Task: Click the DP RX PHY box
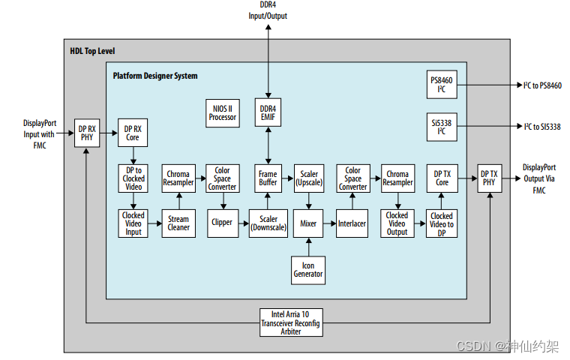87,132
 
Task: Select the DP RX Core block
133,132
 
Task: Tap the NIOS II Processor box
223,112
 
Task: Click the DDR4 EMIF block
268,112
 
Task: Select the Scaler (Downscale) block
268,223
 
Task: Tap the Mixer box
308,223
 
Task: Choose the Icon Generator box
308,268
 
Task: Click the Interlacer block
352,223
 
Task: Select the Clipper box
222,223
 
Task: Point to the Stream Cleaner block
178,223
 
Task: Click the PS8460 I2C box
442,85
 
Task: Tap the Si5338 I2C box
442,126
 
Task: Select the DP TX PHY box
489,178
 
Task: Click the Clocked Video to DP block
442,223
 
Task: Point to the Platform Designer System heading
155,76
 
